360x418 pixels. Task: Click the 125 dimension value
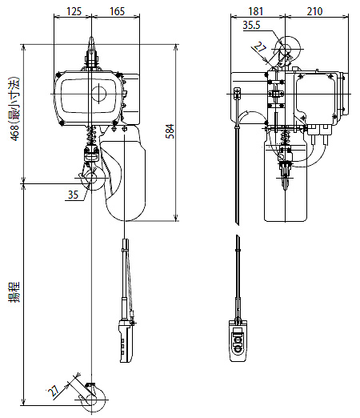[74, 11]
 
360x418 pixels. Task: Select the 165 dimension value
[117, 11]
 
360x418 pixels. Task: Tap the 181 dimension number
[256, 11]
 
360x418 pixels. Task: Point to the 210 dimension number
[314, 11]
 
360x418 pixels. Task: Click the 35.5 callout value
[251, 25]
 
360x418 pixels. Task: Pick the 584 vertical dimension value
[170, 131]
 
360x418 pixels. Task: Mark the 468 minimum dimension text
[14, 109]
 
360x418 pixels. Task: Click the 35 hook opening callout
[73, 195]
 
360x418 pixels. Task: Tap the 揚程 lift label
[14, 291]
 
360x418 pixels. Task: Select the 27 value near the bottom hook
[54, 392]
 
